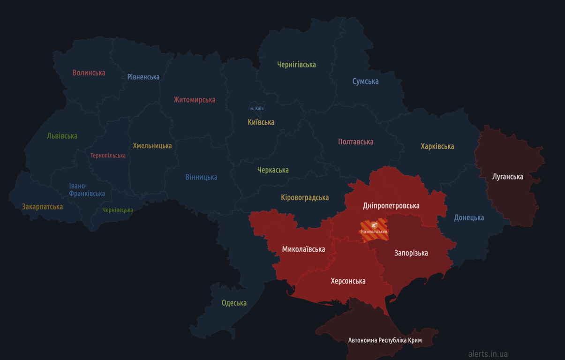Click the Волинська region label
89,73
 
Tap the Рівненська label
143,77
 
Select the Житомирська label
195,100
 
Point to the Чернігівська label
296,65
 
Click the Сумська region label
365,82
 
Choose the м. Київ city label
257,108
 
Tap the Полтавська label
355,142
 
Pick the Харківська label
437,146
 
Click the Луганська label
508,177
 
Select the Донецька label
469,217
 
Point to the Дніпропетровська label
391,206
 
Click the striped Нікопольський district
374,236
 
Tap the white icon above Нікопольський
374,225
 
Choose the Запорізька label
411,253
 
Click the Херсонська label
348,281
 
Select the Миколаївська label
303,249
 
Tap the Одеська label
234,303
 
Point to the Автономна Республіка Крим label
385,340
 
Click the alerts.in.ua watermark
488,354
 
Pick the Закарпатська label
42,207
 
